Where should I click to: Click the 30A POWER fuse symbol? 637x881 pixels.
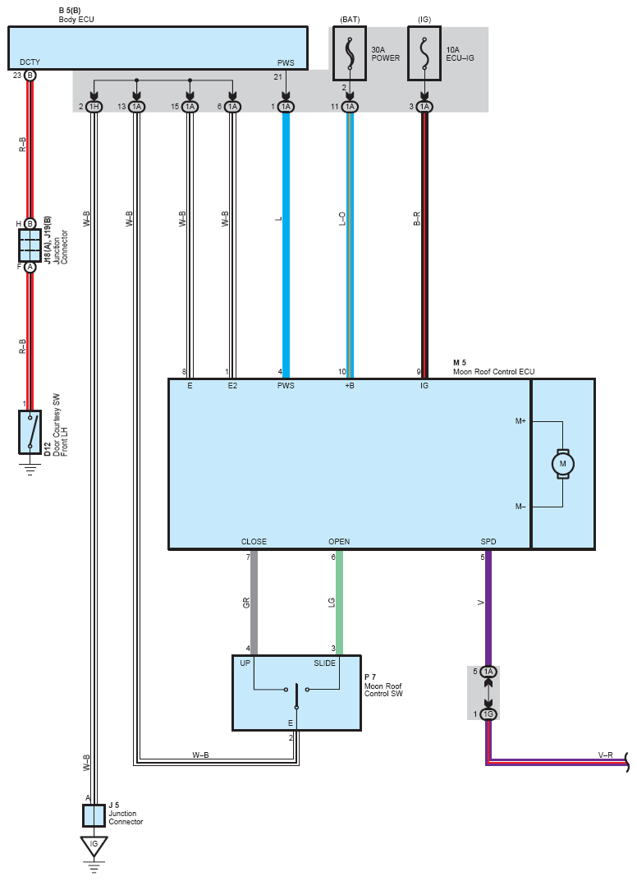(350, 53)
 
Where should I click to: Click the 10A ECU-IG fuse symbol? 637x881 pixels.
(424, 53)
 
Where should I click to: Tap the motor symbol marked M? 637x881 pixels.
(562, 464)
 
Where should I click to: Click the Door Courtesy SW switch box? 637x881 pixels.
(30, 432)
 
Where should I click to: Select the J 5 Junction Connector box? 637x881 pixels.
(94, 815)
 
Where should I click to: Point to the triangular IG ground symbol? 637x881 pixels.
(94, 847)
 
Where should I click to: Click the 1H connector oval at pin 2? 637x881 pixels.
(94, 106)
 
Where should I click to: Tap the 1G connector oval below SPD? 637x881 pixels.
(488, 714)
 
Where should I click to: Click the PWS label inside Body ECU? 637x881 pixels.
(286, 62)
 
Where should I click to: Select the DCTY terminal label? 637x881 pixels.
(30, 62)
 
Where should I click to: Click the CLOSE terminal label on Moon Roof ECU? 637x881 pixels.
(254, 542)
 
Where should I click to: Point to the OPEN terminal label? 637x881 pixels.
(339, 542)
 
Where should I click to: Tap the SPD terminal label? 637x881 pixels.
(488, 542)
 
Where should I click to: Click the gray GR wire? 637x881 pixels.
(254, 603)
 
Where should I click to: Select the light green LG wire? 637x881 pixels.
(339, 603)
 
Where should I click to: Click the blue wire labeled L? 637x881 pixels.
(286, 245)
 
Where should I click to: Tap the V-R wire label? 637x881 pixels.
(606, 755)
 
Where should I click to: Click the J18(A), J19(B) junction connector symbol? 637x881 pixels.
(30, 245)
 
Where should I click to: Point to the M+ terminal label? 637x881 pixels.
(520, 421)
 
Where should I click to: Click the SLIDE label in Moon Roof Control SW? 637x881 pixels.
(325, 663)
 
